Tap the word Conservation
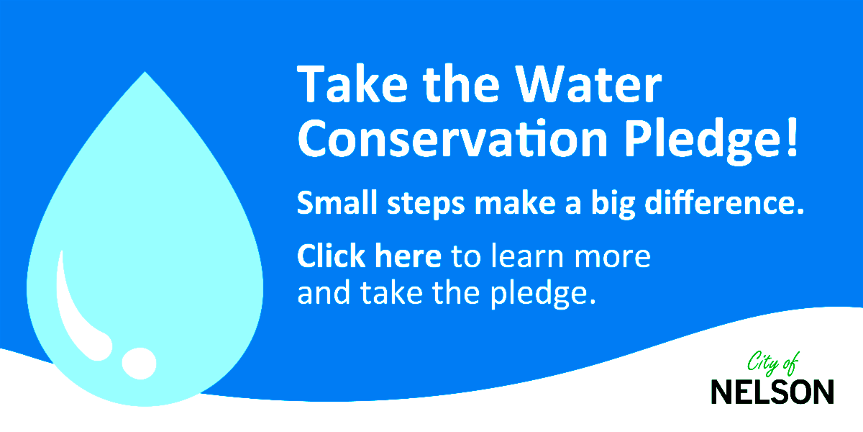tap(452, 138)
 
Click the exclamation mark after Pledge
tap(792, 137)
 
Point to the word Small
tap(337, 202)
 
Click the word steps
tap(426, 204)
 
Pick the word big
tap(613, 204)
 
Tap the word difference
tap(725, 202)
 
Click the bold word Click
tap(331, 256)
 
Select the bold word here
tap(408, 256)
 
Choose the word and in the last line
tap(324, 292)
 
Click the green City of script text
tap(773, 363)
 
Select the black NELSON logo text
tap(772, 392)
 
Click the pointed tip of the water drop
tap(145, 72)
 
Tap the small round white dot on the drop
tap(139, 364)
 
